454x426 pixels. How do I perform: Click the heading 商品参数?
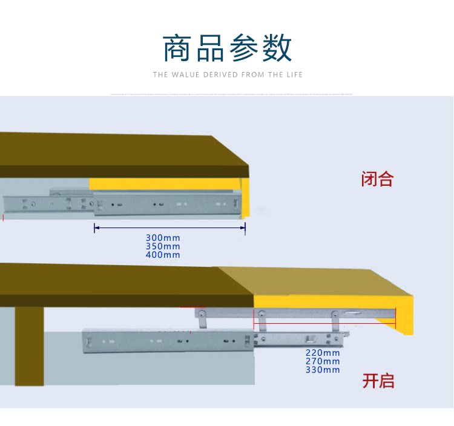tap(227, 48)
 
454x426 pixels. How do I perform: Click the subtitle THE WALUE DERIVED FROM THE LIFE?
tap(227, 75)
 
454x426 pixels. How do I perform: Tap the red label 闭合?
tap(377, 179)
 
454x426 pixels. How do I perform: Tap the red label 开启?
tap(378, 381)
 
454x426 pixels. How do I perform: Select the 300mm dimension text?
tap(163, 238)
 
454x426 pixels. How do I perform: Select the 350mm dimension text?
tap(163, 246)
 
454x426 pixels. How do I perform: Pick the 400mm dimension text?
tap(163, 255)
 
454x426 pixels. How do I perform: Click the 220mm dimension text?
tap(323, 353)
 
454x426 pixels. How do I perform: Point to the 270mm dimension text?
tap(323, 361)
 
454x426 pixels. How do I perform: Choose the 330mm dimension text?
tap(323, 370)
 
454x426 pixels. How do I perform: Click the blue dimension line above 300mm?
tap(169, 228)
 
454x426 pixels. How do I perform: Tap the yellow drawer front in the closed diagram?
tap(163, 184)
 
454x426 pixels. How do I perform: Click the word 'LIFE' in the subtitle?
tap(294, 75)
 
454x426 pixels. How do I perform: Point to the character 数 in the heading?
tap(276, 48)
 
